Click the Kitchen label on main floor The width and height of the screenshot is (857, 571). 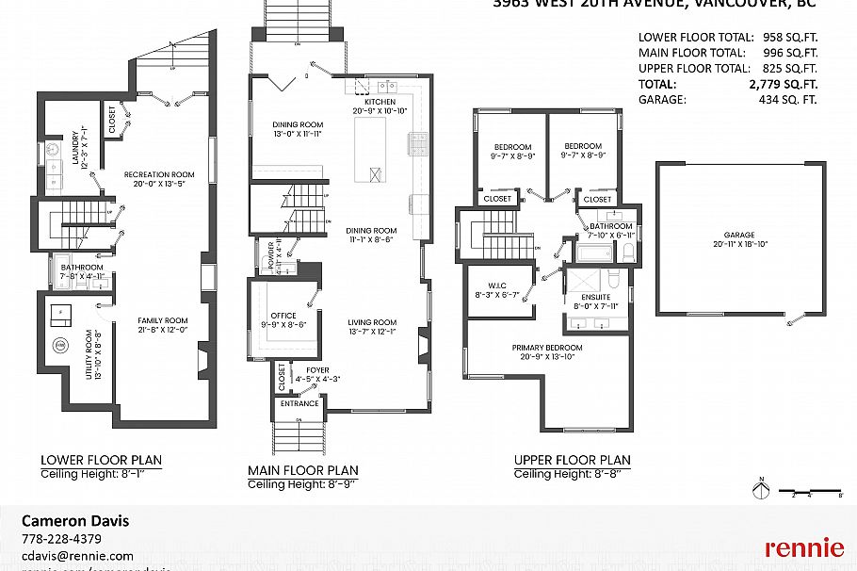380,102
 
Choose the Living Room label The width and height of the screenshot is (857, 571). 372,322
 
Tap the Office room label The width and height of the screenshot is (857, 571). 283,316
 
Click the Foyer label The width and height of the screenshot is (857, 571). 317,370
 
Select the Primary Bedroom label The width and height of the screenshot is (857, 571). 547,348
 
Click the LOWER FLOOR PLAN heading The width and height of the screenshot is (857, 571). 101,461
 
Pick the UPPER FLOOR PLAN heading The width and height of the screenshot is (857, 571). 572,461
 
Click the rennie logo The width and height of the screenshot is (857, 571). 803,547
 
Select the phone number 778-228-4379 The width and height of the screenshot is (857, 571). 61,539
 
